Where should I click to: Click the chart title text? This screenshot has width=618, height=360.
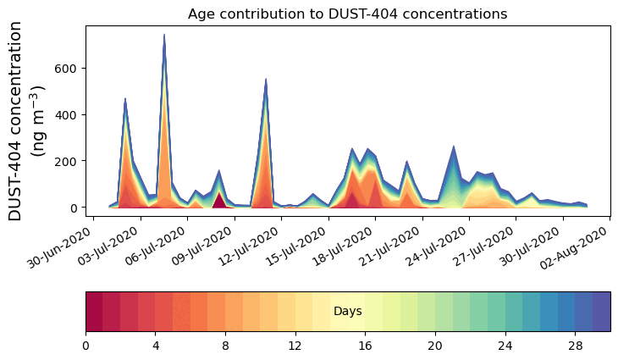tap(347, 14)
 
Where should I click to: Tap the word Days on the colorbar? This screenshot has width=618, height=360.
tap(348, 312)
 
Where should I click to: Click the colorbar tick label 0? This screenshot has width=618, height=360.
tap(86, 346)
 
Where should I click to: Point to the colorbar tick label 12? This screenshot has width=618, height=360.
tap(295, 346)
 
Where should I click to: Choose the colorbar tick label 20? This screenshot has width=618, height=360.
tap(435, 346)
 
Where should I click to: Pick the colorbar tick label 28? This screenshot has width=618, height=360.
tap(576, 346)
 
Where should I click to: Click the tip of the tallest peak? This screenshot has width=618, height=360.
tap(163, 35)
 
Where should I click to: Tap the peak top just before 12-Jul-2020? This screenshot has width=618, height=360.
tap(266, 79)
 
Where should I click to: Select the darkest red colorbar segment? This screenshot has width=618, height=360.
tap(94, 312)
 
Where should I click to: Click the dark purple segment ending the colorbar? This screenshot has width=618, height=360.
tap(602, 312)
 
